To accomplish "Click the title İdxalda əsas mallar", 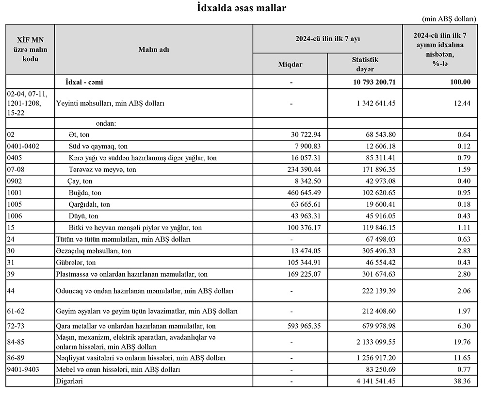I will tap(242, 8).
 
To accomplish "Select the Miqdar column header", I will tap(290, 64).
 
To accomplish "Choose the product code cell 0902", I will tap(15, 181).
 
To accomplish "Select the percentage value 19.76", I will tap(462, 342).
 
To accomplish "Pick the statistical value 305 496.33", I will tap(376, 251).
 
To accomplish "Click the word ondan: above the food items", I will tap(106, 123).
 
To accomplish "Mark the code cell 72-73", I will tap(16, 326).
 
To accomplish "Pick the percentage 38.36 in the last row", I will tap(462, 381).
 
